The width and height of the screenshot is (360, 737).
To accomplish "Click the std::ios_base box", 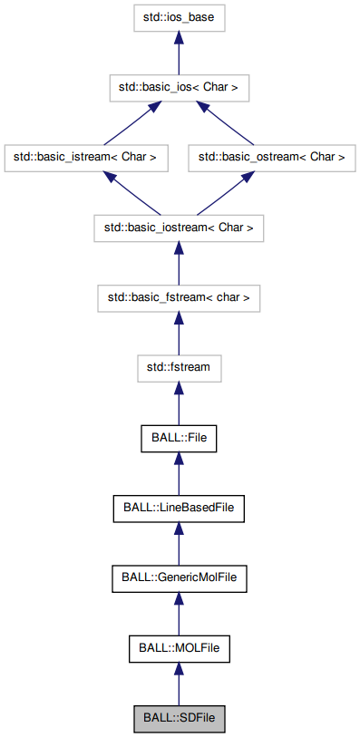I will point(179,16).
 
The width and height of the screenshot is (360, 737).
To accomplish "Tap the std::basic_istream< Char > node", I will point(85,157).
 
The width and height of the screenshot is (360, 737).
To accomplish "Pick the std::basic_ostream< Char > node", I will point(272,157).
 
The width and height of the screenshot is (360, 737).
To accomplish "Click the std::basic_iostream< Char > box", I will point(179,228).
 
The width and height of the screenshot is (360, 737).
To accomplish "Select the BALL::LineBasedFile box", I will point(179,508).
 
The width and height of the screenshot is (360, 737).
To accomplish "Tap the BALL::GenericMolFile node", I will point(179,577).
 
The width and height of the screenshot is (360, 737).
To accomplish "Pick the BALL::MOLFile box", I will point(179,648).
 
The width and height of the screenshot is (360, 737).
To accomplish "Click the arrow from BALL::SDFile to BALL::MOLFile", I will point(179,684).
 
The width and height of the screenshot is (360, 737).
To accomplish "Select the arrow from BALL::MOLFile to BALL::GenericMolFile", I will point(179,614).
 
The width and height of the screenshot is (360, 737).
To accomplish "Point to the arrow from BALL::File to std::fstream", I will point(179,404).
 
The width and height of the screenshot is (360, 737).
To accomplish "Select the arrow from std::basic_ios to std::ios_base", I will point(179,52).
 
